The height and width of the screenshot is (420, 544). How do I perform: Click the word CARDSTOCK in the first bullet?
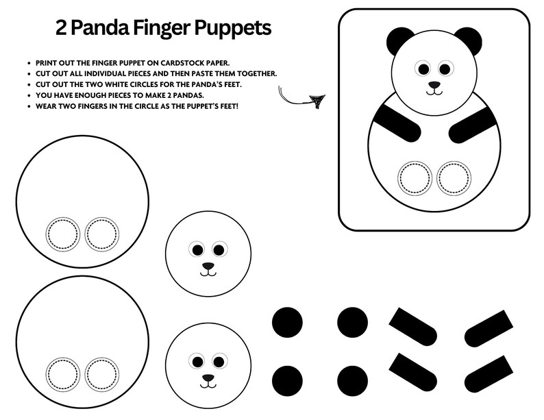[x=178, y=62]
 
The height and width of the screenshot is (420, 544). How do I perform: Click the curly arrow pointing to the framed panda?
[x=301, y=97]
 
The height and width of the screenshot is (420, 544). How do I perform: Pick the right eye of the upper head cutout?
[x=220, y=249]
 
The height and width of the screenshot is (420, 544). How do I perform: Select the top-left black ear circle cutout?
[x=288, y=322]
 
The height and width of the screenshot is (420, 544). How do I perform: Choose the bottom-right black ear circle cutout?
[x=352, y=380]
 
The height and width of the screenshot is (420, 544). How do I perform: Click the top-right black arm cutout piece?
[x=489, y=329]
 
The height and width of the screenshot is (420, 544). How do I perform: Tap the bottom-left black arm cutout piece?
[x=413, y=372]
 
